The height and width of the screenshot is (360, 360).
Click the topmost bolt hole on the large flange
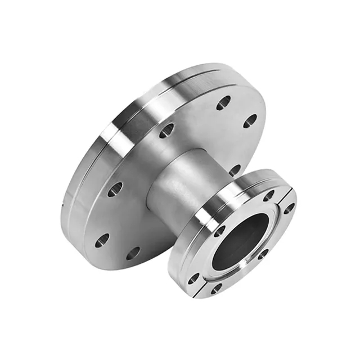(223, 103)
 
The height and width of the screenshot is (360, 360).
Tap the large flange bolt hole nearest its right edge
(251, 119)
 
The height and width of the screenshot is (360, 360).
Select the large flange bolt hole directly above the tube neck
(166, 131)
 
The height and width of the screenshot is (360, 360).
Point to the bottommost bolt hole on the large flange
(133, 253)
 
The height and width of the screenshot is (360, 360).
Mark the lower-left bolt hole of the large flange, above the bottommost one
(101, 240)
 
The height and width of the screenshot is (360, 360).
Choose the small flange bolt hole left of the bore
(219, 231)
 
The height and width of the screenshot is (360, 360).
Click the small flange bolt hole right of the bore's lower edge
(263, 254)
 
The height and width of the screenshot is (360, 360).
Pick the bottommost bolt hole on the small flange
(216, 289)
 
